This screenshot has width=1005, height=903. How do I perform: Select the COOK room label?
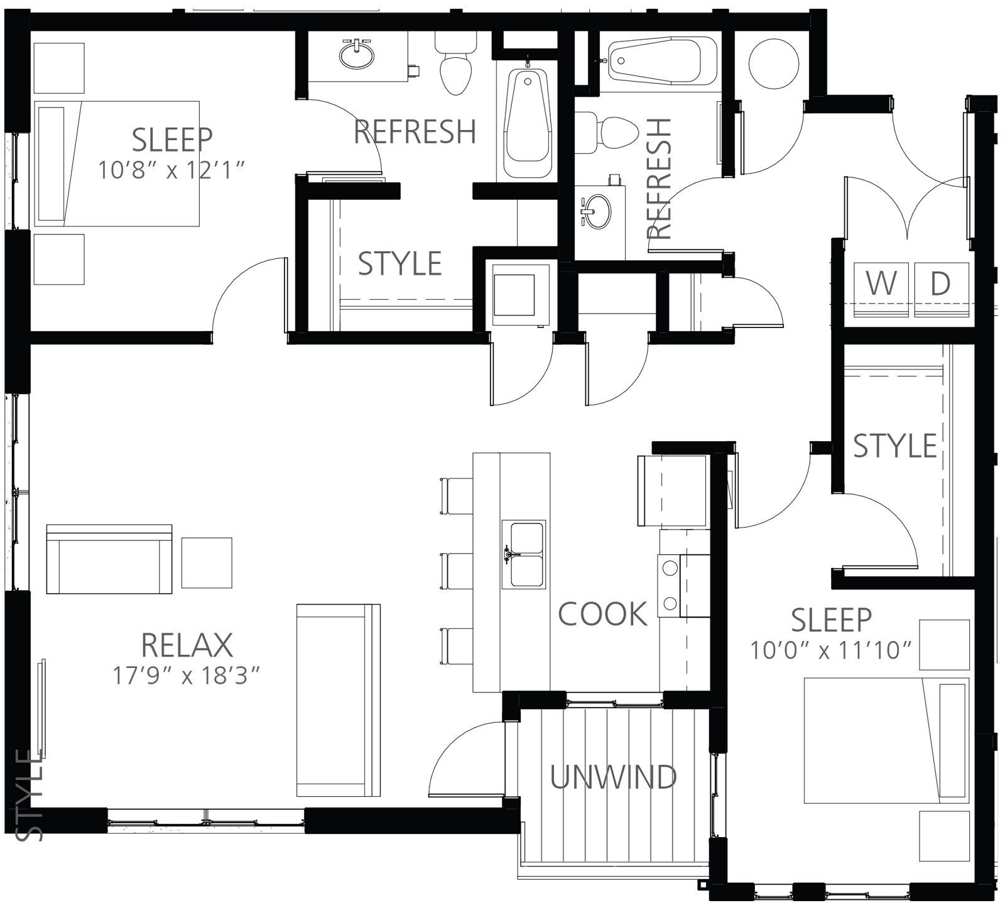tap(602, 614)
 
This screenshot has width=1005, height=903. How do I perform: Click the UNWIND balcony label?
tap(614, 777)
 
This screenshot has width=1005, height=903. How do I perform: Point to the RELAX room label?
tap(187, 645)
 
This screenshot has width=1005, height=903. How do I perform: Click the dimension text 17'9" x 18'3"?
tap(187, 676)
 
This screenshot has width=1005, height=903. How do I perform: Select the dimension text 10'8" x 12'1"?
tap(171, 170)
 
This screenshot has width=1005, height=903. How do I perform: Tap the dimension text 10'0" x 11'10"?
tap(831, 650)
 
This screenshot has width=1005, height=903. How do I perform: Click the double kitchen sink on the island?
tap(523, 554)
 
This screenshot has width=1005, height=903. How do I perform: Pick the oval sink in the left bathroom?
tap(357, 54)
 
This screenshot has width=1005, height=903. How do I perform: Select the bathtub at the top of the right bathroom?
tap(663, 60)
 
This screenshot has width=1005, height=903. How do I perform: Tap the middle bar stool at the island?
tap(457, 571)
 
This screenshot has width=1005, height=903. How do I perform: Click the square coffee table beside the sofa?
tap(207, 562)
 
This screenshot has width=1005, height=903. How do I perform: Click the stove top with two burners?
tap(670, 586)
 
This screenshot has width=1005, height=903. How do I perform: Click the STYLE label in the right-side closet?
tap(895, 446)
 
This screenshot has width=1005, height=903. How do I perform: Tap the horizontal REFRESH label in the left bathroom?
tap(415, 131)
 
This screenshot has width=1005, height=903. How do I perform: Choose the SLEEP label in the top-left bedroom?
tap(172, 140)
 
